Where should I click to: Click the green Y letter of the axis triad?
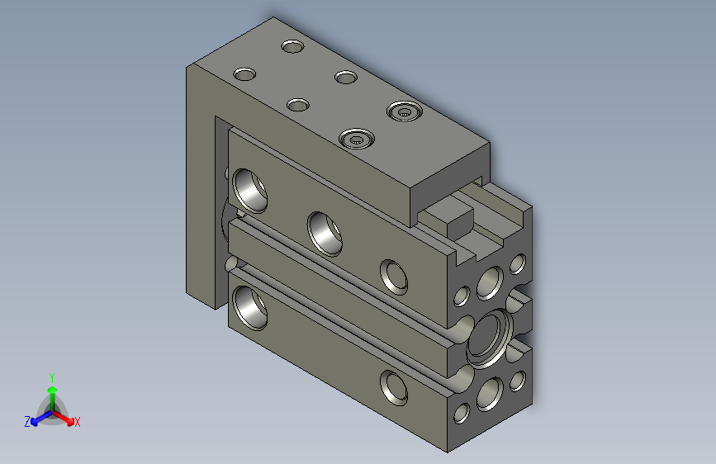click(52, 377)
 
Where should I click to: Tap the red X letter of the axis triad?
click(77, 422)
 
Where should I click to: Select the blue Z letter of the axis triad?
click(27, 422)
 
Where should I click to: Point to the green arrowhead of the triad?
click(53, 390)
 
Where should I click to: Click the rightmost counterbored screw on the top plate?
click(404, 111)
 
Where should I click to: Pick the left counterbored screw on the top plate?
click(356, 139)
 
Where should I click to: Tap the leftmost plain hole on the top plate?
click(244, 74)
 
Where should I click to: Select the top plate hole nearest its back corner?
click(292, 46)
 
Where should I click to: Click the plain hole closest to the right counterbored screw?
click(346, 77)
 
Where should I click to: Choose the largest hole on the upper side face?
click(249, 191)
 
